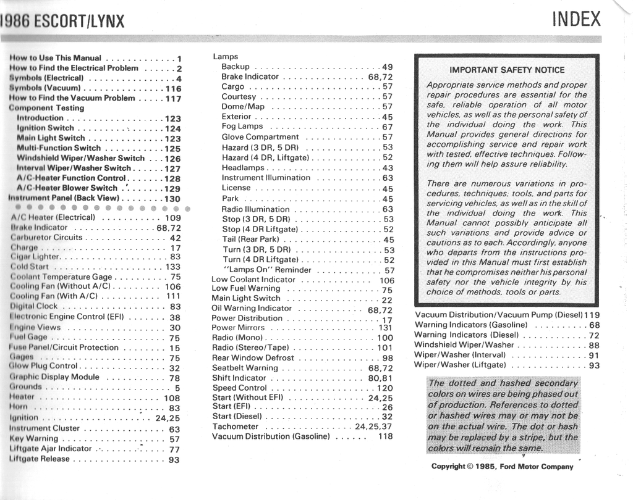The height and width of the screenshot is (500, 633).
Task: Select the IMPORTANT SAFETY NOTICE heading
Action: click(506, 70)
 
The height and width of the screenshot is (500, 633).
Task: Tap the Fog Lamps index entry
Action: click(242, 127)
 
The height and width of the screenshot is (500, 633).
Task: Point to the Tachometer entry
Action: click(235, 427)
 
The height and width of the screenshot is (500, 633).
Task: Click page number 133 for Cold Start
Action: click(173, 267)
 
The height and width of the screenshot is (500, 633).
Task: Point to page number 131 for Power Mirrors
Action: click(385, 328)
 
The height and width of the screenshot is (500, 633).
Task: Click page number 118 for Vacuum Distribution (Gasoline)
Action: click(385, 436)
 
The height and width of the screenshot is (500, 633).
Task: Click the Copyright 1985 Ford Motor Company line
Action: click(502, 467)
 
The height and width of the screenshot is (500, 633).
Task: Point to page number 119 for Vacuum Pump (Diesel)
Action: click(592, 315)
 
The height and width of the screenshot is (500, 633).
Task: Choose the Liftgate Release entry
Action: click(40, 459)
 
